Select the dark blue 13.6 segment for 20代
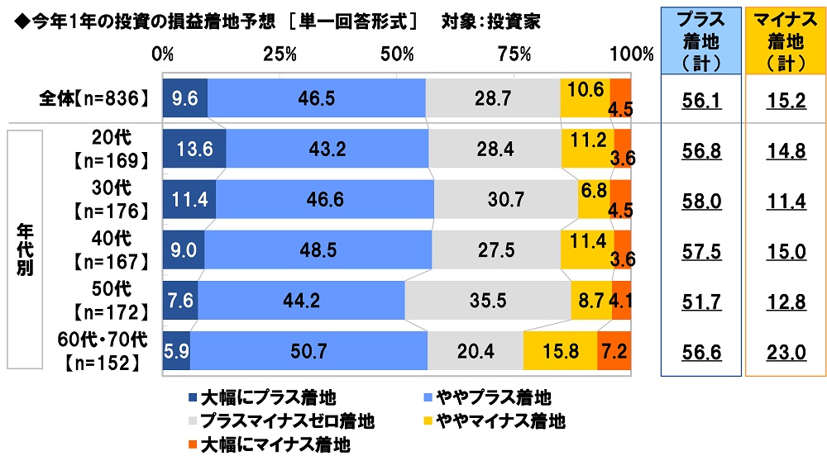pyautogui.click(x=194, y=149)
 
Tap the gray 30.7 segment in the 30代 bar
pyautogui.click(x=505, y=199)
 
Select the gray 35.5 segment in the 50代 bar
pyautogui.click(x=487, y=300)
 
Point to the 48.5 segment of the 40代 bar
pyautogui.click(x=318, y=249)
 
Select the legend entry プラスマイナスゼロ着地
pyautogui.click(x=284, y=422)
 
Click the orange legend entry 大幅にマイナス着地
pyautogui.click(x=264, y=445)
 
